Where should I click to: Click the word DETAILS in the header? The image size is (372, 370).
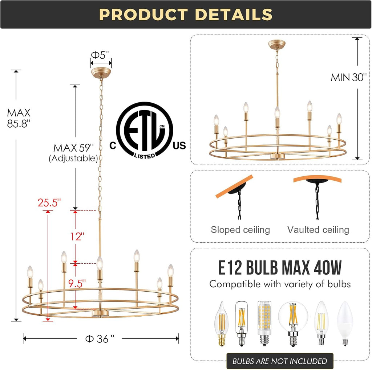point(234,15)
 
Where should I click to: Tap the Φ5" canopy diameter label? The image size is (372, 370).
point(100,55)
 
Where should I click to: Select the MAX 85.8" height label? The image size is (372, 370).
point(19,118)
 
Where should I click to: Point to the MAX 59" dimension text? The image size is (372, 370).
point(73,148)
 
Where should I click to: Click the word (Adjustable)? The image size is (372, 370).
point(73,158)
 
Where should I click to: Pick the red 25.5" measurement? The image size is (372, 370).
point(49,202)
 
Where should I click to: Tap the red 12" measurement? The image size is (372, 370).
point(77,237)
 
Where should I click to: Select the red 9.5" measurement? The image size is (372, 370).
point(77,283)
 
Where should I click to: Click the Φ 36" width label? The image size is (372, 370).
point(100,339)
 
